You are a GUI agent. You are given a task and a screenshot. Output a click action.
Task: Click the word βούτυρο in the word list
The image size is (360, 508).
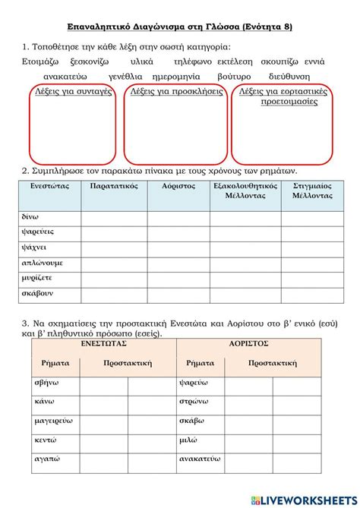237,77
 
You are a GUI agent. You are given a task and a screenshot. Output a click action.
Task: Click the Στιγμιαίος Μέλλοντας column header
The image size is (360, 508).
312,190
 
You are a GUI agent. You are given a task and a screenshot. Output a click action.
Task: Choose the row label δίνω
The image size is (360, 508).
30,216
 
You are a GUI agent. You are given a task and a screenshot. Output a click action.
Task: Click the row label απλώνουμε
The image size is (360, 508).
42,263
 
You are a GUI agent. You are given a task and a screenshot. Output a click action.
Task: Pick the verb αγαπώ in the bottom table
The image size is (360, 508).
46,459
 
